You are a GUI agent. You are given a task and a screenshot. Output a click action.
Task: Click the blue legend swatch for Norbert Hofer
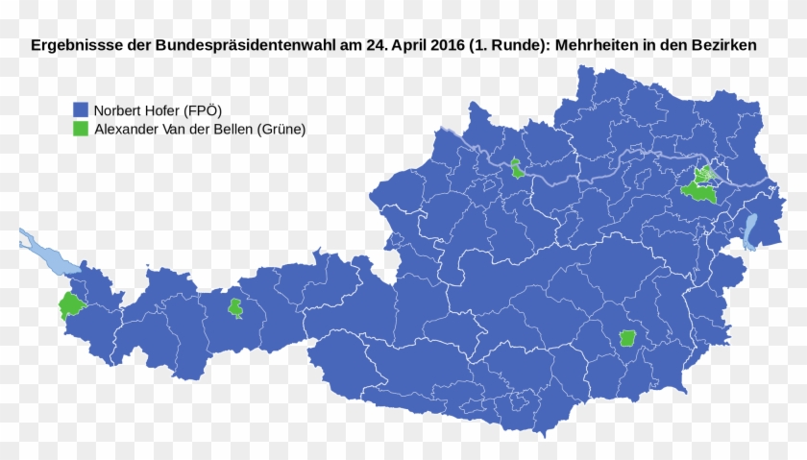(x=82, y=109)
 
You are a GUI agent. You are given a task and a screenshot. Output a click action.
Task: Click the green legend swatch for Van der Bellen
(x=82, y=129)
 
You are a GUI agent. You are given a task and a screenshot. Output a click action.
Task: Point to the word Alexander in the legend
(x=131, y=129)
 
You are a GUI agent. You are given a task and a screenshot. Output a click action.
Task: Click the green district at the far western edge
(x=71, y=305)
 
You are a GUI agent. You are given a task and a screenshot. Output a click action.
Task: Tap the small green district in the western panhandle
(x=234, y=308)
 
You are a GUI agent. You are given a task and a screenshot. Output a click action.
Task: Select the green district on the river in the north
(x=518, y=169)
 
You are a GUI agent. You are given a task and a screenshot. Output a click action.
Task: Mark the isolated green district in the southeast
(x=627, y=338)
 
